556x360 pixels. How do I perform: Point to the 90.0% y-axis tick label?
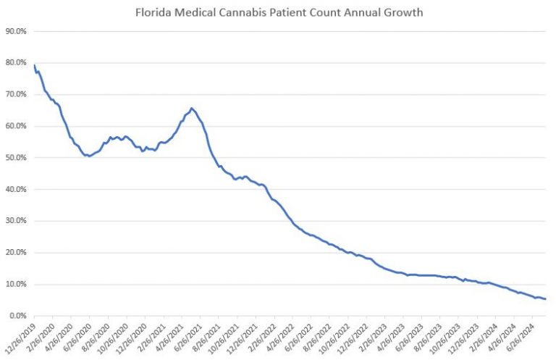click(16, 31)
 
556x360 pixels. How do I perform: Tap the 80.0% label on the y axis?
click(16, 63)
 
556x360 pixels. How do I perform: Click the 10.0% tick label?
click(16, 284)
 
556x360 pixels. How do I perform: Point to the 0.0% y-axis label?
click(17, 316)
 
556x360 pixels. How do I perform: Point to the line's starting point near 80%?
click(34, 65)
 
